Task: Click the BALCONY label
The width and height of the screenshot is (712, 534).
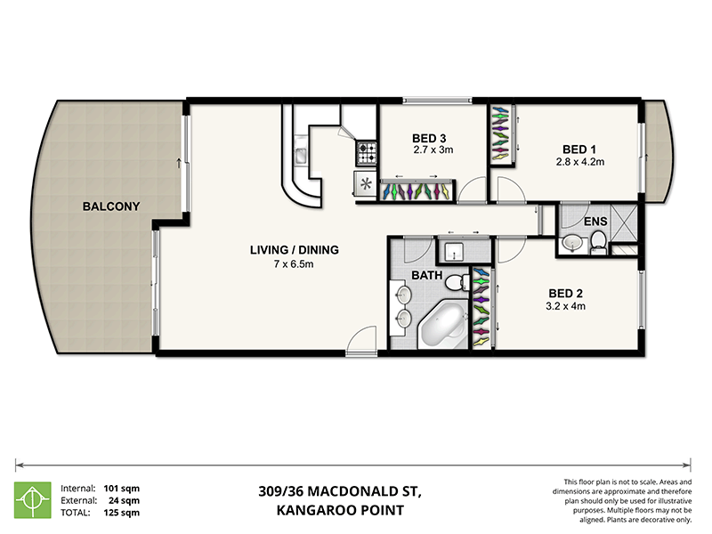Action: (x=111, y=206)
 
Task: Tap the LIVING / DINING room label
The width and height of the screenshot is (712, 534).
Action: (x=294, y=250)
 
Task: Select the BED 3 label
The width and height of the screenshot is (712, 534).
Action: (x=430, y=138)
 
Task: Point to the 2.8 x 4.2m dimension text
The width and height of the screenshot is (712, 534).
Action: (x=579, y=162)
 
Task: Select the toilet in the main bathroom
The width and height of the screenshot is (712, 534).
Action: (x=457, y=283)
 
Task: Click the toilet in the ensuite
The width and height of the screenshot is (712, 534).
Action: (x=598, y=239)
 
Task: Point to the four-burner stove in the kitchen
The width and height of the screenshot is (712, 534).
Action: (x=367, y=153)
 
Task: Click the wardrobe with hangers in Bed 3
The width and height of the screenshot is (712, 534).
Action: (x=417, y=190)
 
